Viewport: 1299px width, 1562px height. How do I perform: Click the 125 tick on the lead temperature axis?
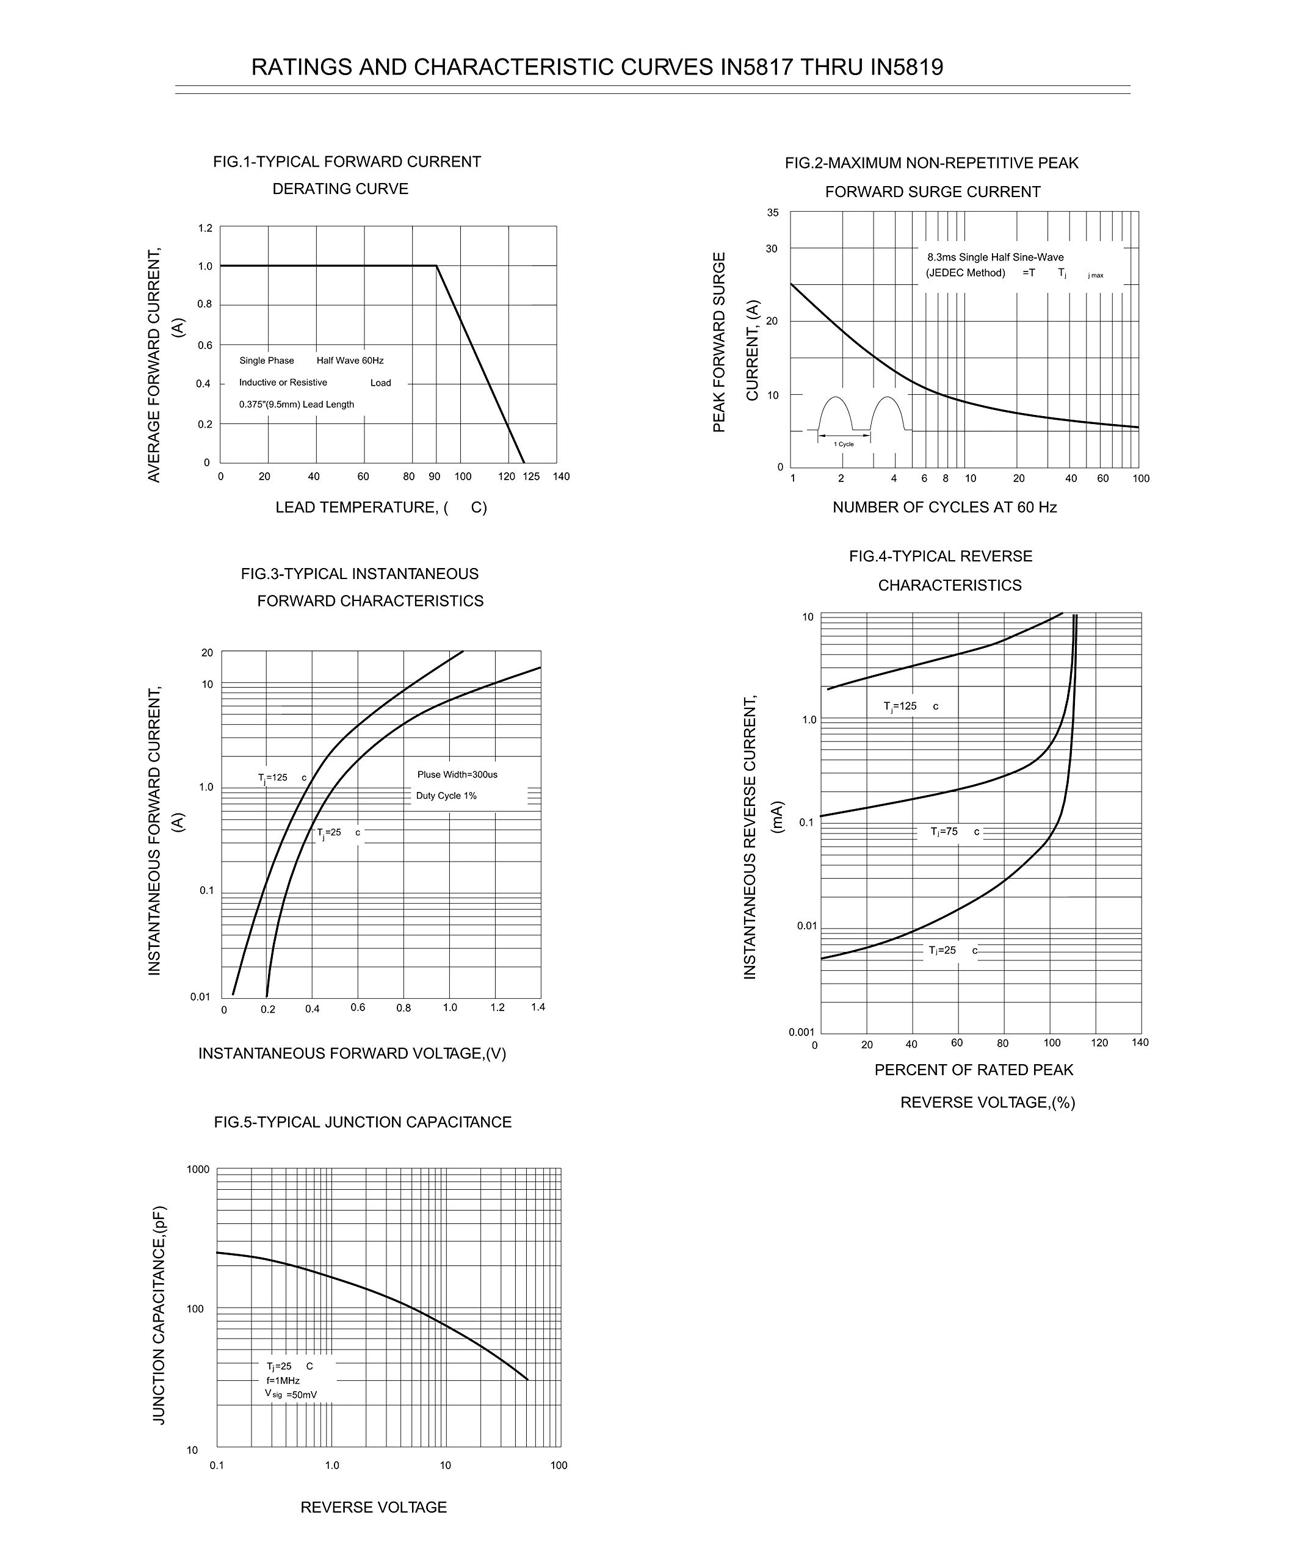(530, 477)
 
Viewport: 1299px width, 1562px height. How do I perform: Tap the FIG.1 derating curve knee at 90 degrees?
(436, 265)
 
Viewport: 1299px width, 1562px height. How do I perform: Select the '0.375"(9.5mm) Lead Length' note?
(296, 405)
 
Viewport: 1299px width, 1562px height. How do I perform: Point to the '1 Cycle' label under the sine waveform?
(844, 444)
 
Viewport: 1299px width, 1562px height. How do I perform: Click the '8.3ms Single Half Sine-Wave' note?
(995, 257)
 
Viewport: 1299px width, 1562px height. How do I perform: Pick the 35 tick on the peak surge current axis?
(773, 213)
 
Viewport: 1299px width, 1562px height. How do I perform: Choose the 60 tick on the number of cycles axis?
(1102, 478)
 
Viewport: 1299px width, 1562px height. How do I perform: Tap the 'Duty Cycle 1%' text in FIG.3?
(446, 796)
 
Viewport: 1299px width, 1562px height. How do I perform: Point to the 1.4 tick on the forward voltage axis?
(538, 1007)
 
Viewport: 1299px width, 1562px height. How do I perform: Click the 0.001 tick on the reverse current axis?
(802, 1032)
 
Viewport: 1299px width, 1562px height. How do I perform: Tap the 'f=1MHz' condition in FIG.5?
(283, 1381)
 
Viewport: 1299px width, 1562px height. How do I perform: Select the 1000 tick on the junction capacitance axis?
(198, 1169)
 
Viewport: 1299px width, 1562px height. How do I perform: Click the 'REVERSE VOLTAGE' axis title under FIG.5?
(374, 1507)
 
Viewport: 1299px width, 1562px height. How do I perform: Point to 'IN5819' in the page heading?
(905, 68)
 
